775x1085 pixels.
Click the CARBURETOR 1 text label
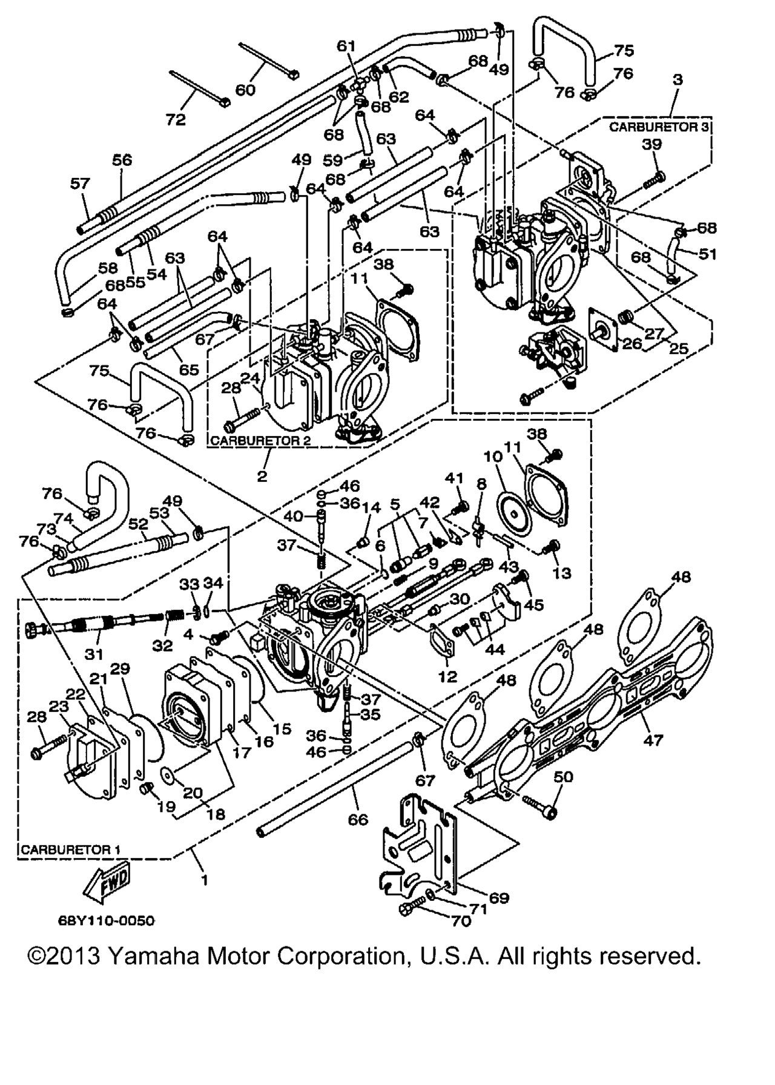point(70,849)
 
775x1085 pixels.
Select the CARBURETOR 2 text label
point(260,441)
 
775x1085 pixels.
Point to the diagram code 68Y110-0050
point(107,922)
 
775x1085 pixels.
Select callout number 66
point(358,819)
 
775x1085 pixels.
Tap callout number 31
point(94,654)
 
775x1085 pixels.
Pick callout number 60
point(245,90)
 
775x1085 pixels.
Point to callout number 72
point(176,120)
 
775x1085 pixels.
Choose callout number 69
point(500,898)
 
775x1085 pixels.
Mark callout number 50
point(563,776)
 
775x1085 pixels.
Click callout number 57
point(80,183)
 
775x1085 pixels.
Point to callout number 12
point(447,677)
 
